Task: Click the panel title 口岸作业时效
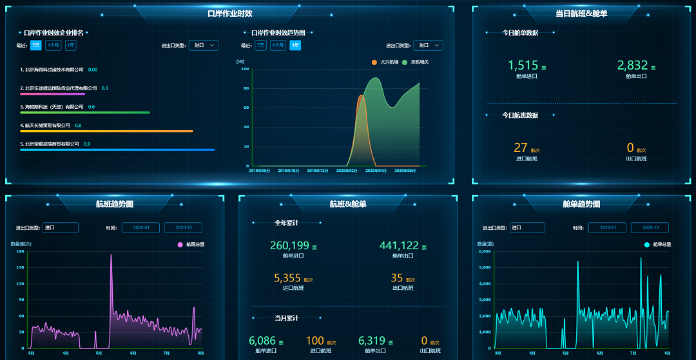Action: (229, 14)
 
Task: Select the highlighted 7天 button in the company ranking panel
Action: (36, 45)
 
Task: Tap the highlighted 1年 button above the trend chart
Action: (295, 45)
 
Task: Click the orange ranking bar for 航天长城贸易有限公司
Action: (106, 131)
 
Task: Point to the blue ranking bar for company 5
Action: (117, 149)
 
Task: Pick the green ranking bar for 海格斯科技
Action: (85, 112)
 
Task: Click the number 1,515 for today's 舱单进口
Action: (523, 65)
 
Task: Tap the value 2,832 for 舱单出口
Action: (632, 65)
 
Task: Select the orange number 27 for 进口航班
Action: (521, 147)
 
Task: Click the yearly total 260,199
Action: (289, 245)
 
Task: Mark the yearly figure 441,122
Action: (399, 245)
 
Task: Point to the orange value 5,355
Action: (287, 278)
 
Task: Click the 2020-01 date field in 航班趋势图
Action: (140, 228)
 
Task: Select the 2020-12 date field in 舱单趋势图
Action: (650, 228)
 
